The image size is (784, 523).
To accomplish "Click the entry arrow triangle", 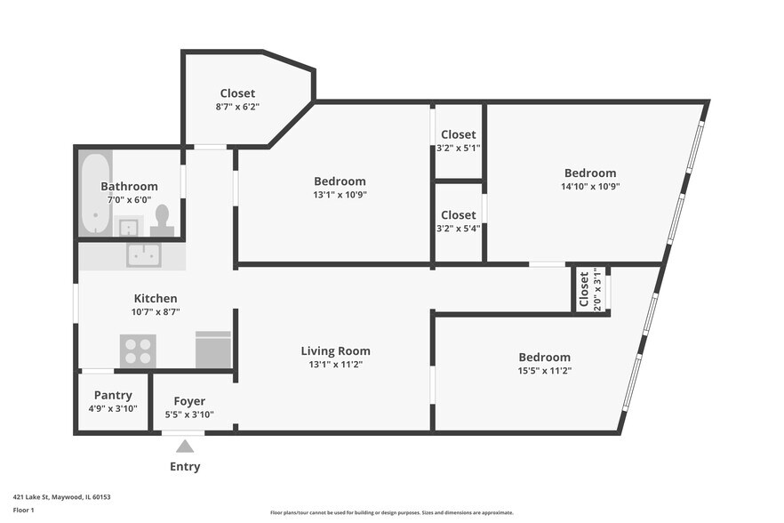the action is pos(185,447).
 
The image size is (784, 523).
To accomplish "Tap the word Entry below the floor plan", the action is pos(185,466).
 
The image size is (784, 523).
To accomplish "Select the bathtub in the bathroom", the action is pos(95,193).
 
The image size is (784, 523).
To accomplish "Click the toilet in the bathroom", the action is pos(162,221).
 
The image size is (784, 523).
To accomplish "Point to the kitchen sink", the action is pos(143,254).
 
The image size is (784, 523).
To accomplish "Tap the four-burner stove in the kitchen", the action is pos(138,350).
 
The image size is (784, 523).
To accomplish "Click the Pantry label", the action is pos(113,396).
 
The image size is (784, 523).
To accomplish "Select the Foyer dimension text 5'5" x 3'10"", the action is pos(189,414).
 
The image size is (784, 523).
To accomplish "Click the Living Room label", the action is pos(335,350).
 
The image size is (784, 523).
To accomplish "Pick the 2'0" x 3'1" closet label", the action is pos(590,289).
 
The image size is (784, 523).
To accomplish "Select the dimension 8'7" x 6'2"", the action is pos(237,107).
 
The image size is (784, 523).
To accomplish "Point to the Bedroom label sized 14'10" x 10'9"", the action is pos(590,173).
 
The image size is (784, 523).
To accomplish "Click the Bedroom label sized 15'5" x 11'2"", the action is pos(545,358).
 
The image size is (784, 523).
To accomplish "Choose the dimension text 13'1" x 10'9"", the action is pos(340,195).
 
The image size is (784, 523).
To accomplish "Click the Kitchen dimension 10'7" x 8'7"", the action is pos(156,312).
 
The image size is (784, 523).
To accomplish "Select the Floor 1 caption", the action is pos(23,510).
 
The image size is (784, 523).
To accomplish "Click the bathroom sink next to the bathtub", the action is pos(129,226).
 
